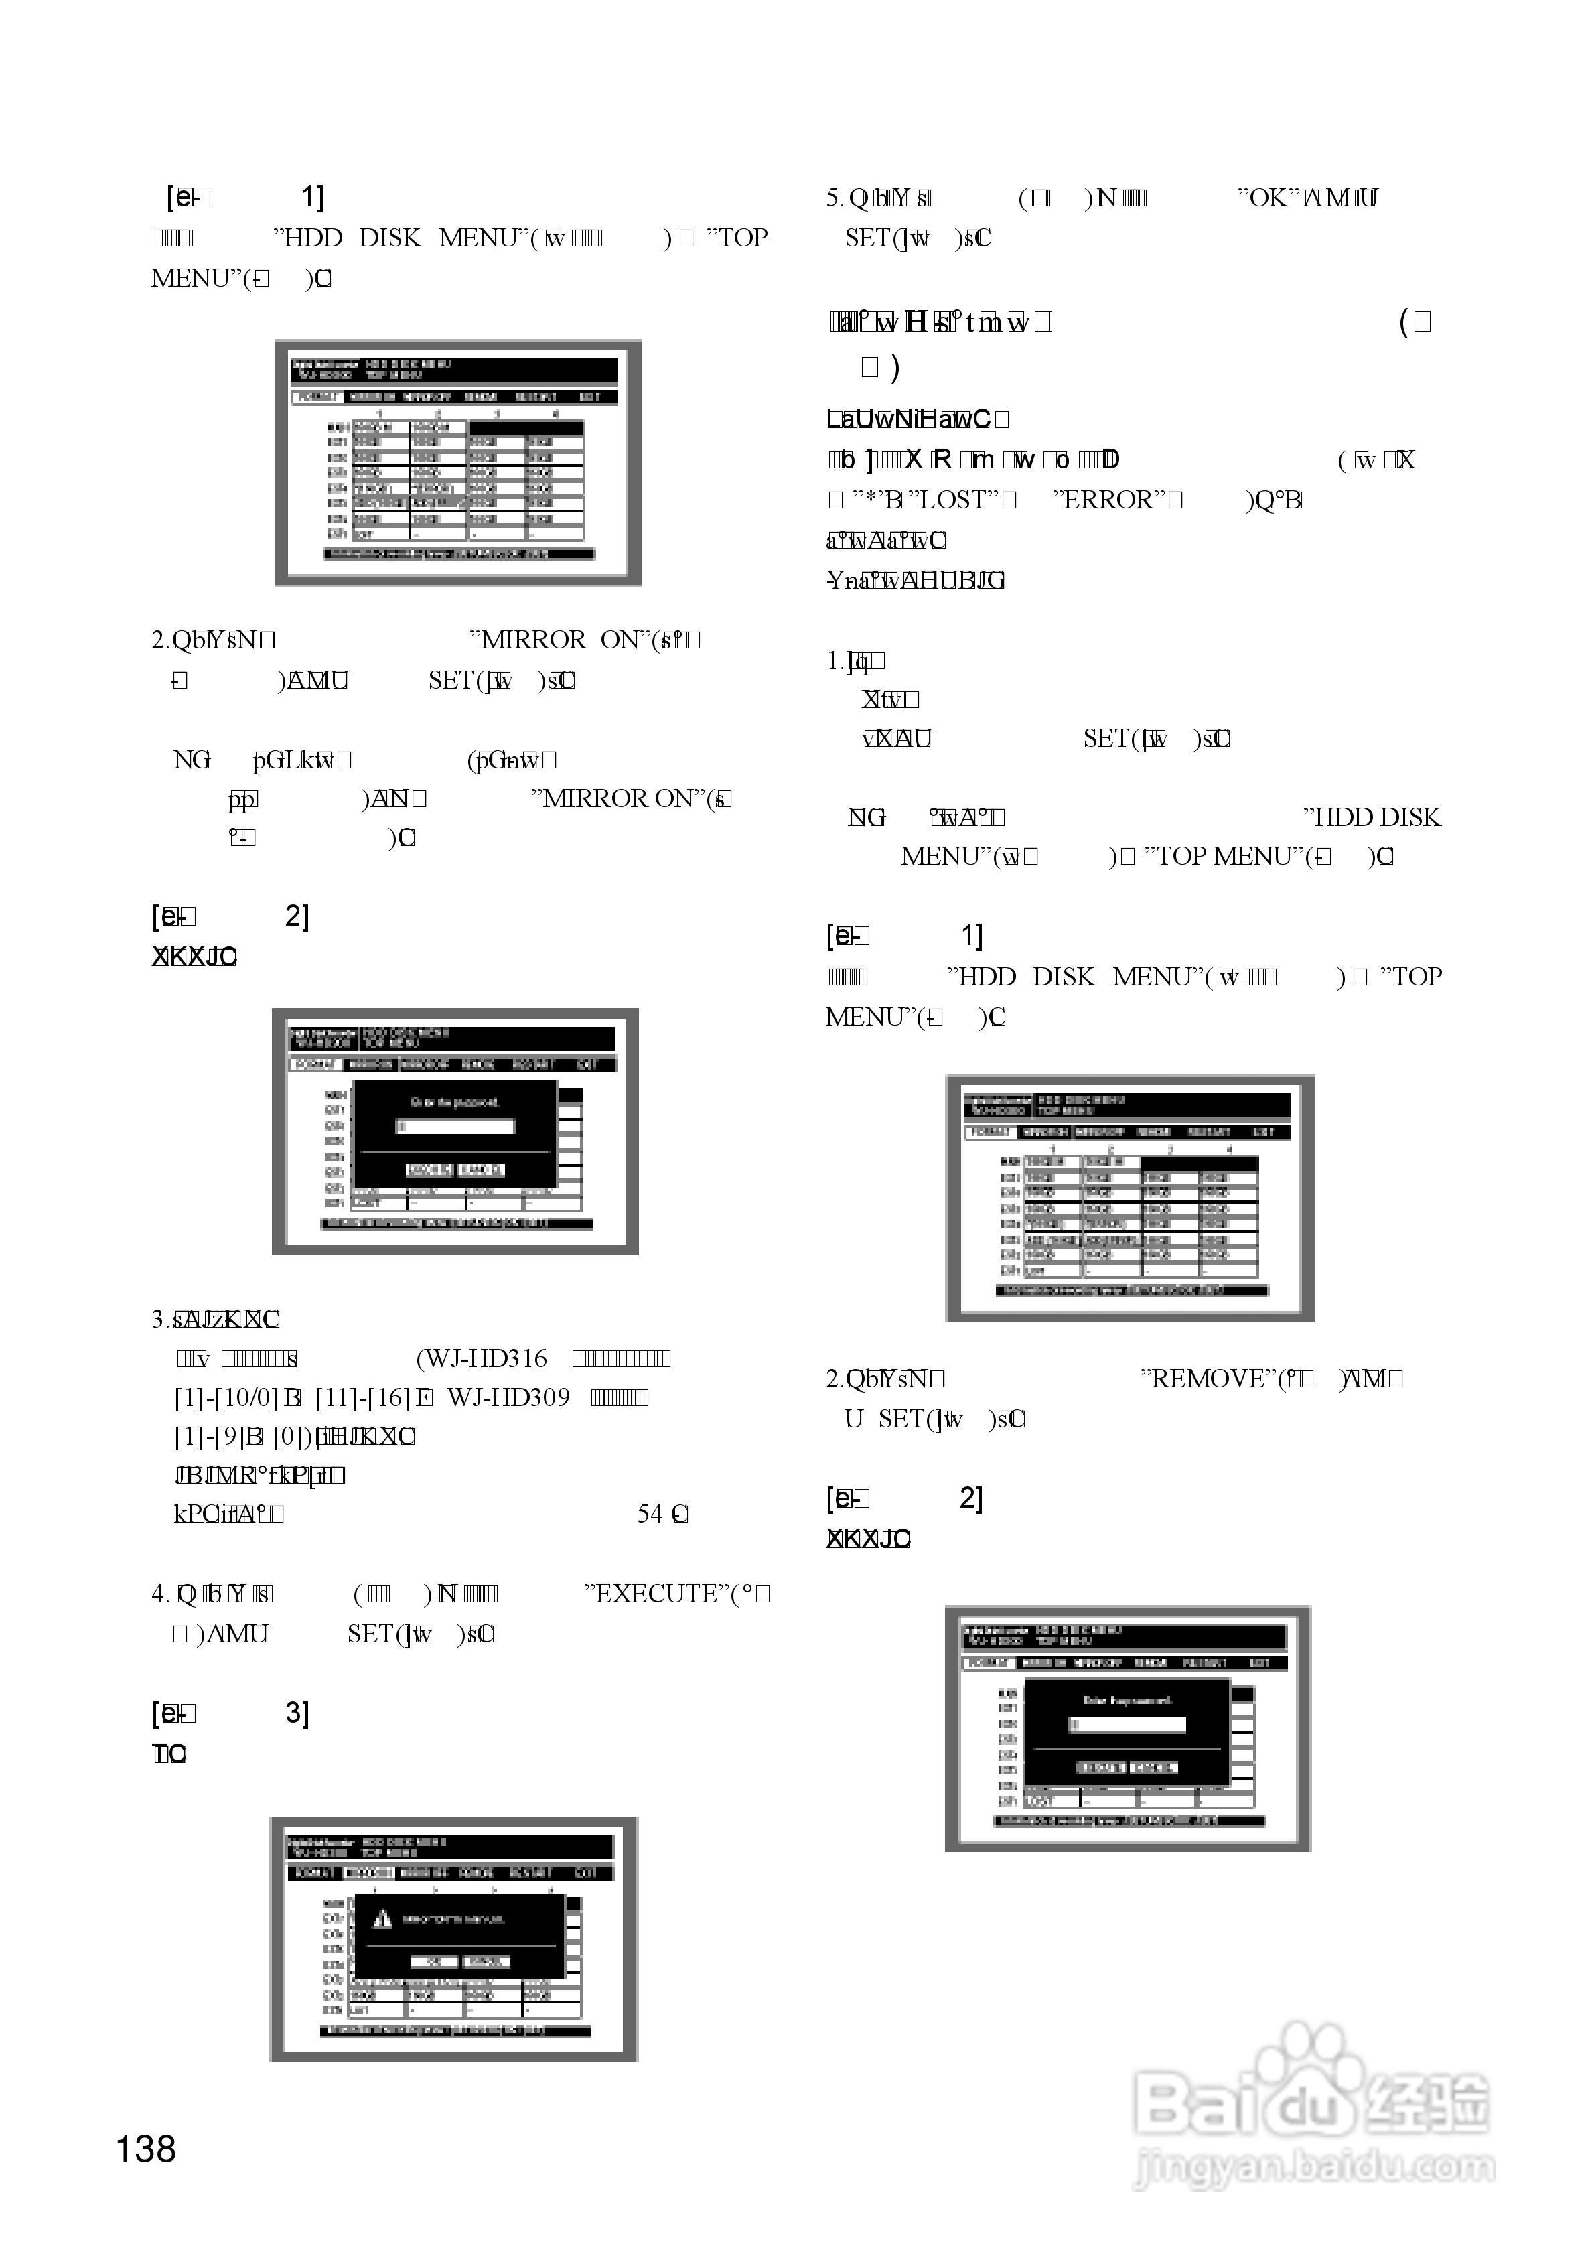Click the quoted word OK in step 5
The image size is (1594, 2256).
pos(1268,198)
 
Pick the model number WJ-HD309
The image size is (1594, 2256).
pos(508,1397)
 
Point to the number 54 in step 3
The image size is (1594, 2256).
pos(650,1514)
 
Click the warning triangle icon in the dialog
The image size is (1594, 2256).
pos(382,1919)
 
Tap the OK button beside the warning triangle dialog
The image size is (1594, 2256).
pos(433,1961)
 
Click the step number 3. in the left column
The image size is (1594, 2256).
pos(160,1319)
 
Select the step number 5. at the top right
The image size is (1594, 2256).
pos(835,198)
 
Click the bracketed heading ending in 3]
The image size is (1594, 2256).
pos(231,1713)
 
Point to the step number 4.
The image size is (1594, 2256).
pos(160,1593)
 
